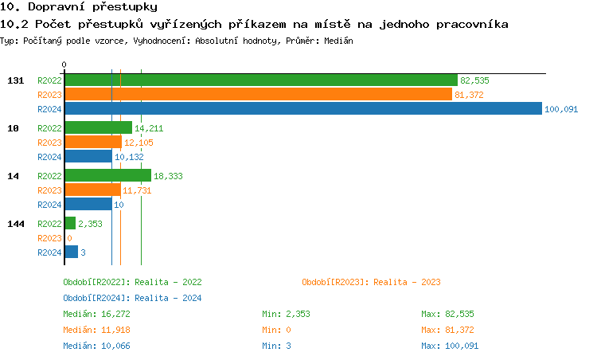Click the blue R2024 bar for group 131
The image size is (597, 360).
pos(302,109)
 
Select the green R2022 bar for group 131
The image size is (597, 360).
pos(260,80)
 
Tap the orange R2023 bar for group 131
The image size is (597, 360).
pos(257,95)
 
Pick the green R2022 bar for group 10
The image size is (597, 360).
pos(98,127)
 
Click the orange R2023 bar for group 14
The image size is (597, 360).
pos(92,190)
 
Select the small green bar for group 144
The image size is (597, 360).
pos(70,224)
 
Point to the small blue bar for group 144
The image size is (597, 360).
pos(71,252)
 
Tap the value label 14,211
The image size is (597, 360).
pos(149,128)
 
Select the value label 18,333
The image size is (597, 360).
pos(168,176)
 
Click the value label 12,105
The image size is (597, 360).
pos(139,143)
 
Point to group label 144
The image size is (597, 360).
pos(15,224)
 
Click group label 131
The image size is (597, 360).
pos(15,80)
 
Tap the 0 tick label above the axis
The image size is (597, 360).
pos(64,65)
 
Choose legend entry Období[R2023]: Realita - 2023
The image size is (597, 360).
pos(371,282)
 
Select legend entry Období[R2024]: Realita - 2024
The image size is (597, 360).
pos(132,298)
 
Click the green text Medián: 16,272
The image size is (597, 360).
pos(96,314)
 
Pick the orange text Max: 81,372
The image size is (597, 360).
pos(447,330)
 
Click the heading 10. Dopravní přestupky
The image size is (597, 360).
pos(73,7)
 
